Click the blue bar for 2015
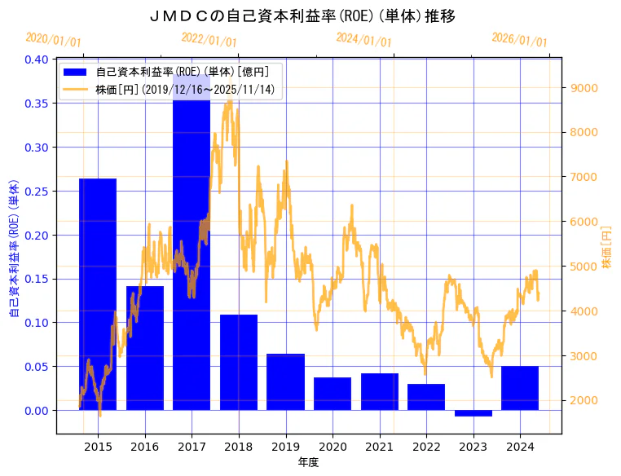click(x=98, y=293)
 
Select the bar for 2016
click(x=144, y=348)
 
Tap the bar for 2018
click(x=239, y=362)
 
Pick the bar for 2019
click(x=285, y=381)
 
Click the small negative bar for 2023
click(x=473, y=413)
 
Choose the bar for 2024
click(x=520, y=388)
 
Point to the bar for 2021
click(x=380, y=391)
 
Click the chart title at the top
click(x=303, y=16)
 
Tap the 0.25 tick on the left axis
click(x=37, y=192)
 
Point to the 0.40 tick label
click(x=37, y=59)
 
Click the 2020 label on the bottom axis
click(x=333, y=447)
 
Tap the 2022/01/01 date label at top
click(x=209, y=40)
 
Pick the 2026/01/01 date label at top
click(x=519, y=40)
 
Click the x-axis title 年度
click(x=308, y=462)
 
